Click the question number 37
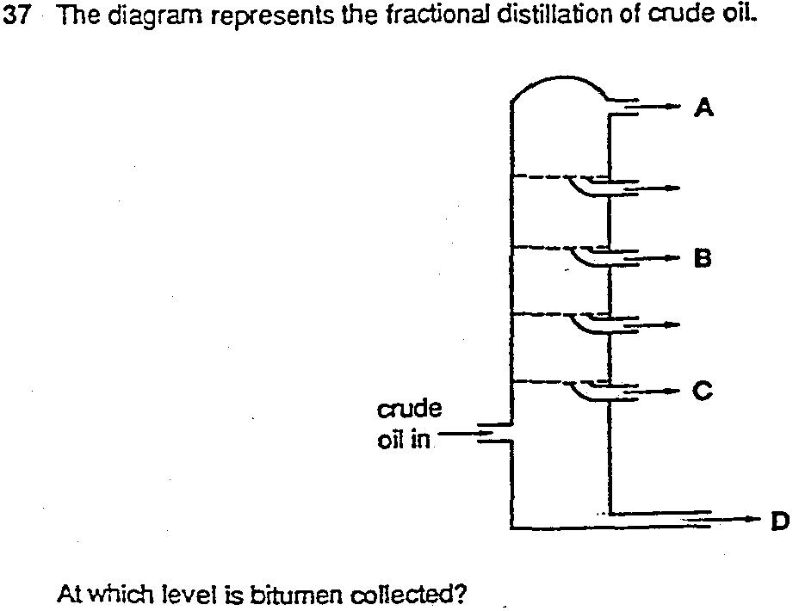pos(18,19)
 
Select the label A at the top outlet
pos(704,108)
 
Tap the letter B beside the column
pos(702,256)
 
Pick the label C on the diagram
pos(703,392)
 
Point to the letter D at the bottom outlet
pos(779,520)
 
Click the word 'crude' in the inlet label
pos(409,407)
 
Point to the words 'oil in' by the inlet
pos(404,441)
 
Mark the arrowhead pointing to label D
pos(756,520)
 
